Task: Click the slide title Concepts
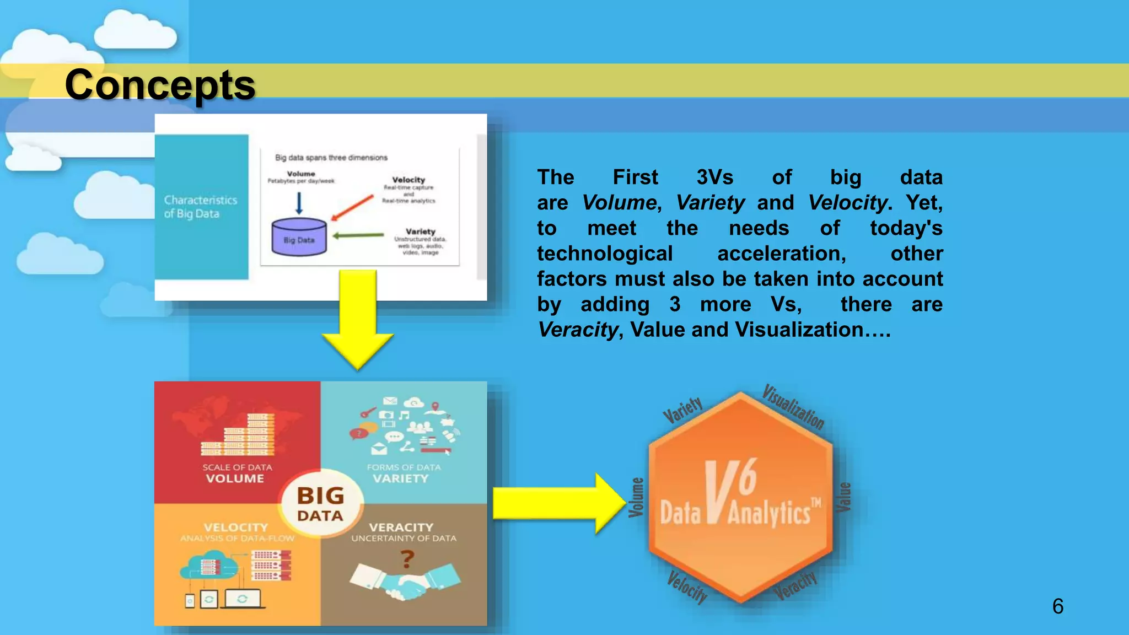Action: [160, 85]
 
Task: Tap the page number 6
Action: [1057, 606]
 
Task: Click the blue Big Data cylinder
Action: [299, 237]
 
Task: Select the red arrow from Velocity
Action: [353, 207]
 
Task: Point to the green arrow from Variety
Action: [358, 235]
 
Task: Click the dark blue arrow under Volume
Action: [299, 202]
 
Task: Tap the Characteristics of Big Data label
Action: [201, 207]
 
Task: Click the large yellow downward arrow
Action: [358, 320]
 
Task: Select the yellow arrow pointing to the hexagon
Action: [557, 503]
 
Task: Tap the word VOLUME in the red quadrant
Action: [235, 478]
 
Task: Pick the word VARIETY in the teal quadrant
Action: [400, 478]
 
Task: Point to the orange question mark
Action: [407, 559]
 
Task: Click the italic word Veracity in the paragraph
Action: [578, 330]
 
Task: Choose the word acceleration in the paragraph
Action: [781, 254]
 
